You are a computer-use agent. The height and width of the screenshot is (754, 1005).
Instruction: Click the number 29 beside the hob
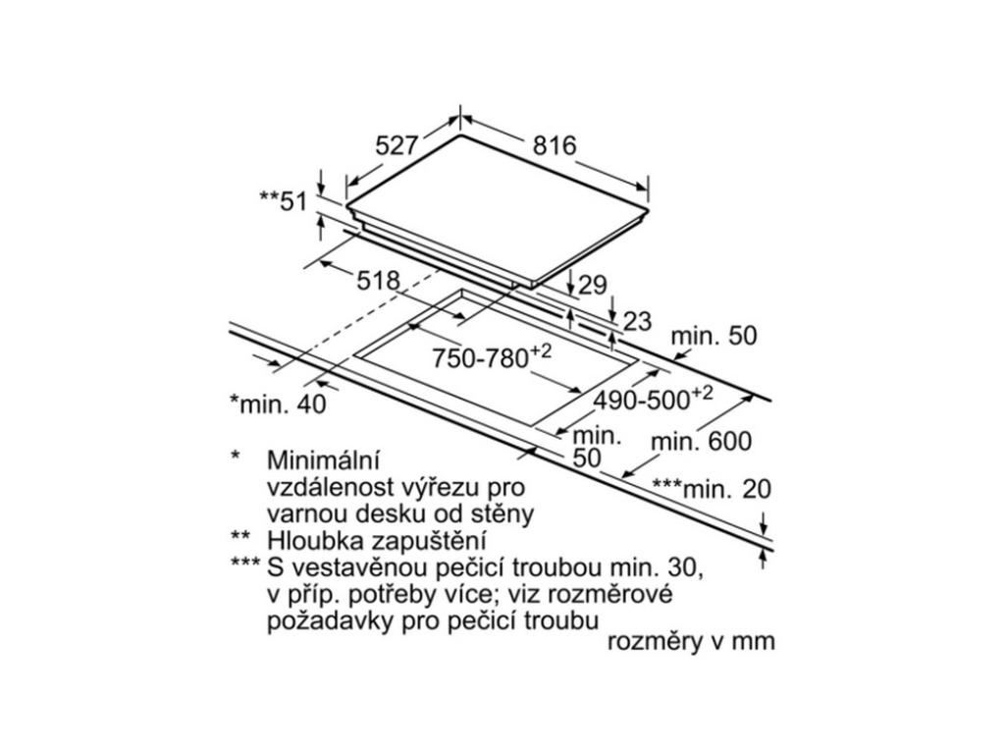pyautogui.click(x=592, y=286)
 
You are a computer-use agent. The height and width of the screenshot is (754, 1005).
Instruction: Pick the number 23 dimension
pyautogui.click(x=637, y=320)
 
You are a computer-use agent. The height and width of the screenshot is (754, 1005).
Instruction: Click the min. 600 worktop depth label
pyautogui.click(x=702, y=442)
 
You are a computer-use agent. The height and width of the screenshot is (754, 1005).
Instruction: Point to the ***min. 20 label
pyautogui.click(x=712, y=488)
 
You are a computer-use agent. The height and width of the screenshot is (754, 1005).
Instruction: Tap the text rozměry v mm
pyautogui.click(x=691, y=642)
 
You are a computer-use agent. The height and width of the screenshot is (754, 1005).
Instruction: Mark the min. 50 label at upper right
pyautogui.click(x=714, y=336)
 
